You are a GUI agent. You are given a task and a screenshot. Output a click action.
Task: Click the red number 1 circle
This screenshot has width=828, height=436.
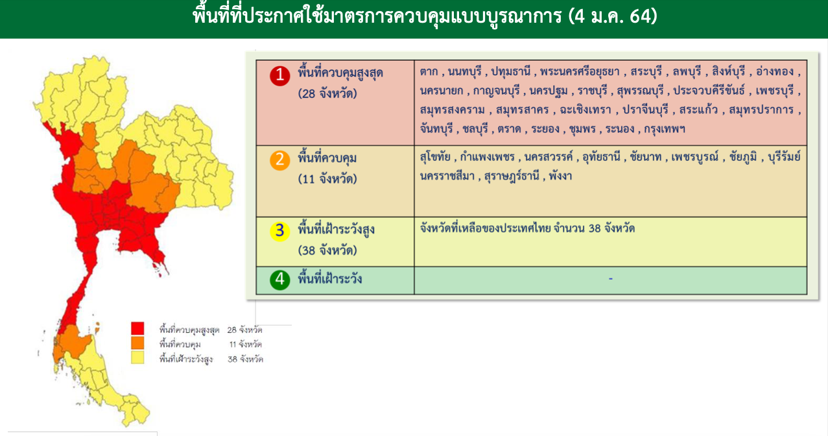(280, 76)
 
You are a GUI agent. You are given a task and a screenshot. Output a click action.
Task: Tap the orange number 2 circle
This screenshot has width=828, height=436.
(280, 160)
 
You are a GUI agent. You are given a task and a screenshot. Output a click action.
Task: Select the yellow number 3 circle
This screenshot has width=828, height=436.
(280, 231)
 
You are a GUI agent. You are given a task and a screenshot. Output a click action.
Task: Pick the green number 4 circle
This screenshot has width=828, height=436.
(280, 280)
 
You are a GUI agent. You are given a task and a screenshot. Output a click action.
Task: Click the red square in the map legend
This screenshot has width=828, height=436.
(137, 328)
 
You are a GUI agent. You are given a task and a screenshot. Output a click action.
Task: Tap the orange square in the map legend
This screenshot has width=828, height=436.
(137, 343)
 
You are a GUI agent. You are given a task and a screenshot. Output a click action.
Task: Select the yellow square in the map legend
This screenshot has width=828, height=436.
(137, 357)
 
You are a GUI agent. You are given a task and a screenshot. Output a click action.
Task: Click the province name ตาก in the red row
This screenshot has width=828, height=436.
(429, 71)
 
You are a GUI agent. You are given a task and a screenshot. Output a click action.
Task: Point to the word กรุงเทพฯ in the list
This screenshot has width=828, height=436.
(665, 129)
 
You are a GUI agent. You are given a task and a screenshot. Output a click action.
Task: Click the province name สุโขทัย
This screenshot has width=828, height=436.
(435, 157)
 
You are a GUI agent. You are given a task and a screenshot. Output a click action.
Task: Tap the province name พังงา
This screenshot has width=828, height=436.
(560, 176)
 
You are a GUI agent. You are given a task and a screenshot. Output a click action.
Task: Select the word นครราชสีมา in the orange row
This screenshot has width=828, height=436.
(447, 176)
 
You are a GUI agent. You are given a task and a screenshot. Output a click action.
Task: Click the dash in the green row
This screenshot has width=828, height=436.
(611, 278)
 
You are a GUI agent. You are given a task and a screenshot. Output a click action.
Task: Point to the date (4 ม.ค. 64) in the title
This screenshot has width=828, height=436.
(613, 16)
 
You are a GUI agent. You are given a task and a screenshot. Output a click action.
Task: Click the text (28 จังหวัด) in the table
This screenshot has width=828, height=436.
(327, 93)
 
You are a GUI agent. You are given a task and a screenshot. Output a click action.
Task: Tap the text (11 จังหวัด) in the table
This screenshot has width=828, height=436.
(327, 179)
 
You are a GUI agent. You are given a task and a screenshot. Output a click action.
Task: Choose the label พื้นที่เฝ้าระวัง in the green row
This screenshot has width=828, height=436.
(330, 278)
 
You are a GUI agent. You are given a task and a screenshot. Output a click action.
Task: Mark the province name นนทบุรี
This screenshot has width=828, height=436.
(465, 71)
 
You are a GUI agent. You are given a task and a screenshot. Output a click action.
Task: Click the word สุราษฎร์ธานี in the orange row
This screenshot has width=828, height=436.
(512, 176)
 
